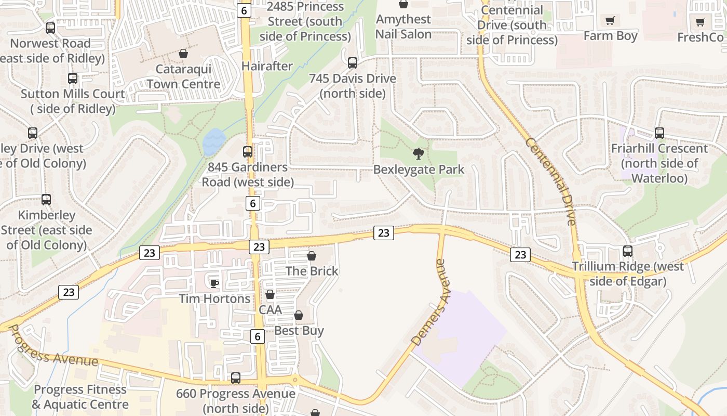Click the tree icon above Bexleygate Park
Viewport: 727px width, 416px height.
pos(418,154)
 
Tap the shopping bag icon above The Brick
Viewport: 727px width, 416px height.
pos(312,256)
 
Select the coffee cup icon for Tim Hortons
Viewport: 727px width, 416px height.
pos(213,283)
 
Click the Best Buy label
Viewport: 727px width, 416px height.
pos(299,331)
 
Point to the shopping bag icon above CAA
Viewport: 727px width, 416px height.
pos(270,295)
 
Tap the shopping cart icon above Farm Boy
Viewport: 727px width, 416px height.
pos(610,21)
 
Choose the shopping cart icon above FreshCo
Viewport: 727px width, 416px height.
pos(700,22)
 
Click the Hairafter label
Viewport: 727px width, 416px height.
pos(267,66)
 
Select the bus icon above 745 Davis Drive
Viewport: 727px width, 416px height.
pos(353,63)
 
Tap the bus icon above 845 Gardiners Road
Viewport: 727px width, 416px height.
pos(248,152)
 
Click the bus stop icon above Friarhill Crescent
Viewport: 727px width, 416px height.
pos(659,133)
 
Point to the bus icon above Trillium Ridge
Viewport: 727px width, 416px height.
pos(628,252)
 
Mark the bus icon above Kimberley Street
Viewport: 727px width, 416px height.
pos(46,200)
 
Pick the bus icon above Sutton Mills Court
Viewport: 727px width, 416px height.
pos(73,79)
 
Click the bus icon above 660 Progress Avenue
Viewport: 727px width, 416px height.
pos(236,378)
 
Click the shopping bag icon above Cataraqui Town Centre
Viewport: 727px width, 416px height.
pos(183,54)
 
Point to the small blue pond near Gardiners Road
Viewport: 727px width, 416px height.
pos(214,142)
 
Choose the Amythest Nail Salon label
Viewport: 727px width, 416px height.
pos(403,27)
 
